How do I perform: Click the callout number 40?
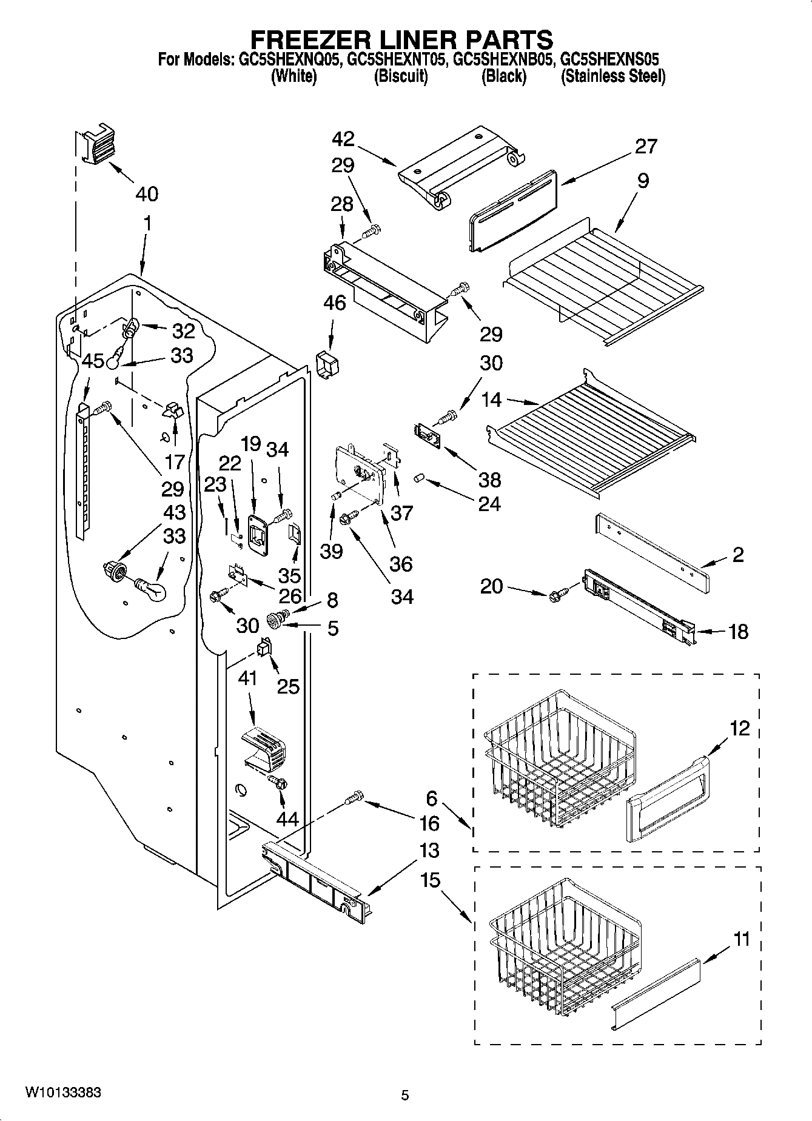tap(147, 194)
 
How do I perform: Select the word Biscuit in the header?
tap(400, 76)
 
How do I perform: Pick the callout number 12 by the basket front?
tap(739, 728)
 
